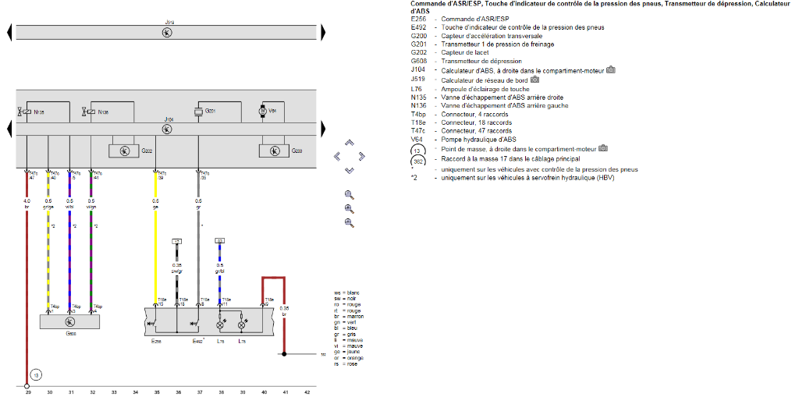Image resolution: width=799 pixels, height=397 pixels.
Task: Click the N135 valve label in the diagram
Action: (x=39, y=112)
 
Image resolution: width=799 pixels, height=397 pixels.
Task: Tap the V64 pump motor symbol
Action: (x=263, y=112)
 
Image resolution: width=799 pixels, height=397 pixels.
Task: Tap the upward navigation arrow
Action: (x=349, y=143)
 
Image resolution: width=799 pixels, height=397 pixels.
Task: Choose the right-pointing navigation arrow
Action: (x=362, y=156)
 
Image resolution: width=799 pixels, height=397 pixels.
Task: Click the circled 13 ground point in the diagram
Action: (x=34, y=374)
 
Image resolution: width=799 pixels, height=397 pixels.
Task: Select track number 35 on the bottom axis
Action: (x=157, y=392)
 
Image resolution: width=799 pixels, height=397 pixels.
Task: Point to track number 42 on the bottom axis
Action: (x=307, y=392)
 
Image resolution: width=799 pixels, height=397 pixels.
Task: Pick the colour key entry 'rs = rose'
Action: (x=346, y=363)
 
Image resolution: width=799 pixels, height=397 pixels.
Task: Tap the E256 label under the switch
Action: (x=155, y=342)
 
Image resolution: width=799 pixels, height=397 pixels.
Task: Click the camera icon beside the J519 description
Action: (x=535, y=80)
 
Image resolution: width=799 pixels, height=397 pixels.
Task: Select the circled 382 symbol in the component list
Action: (x=419, y=161)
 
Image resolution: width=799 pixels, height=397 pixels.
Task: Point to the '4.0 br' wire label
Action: (x=27, y=204)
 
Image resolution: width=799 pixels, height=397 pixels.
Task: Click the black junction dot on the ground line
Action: (x=284, y=354)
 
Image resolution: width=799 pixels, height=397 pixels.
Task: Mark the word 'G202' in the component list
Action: (x=418, y=52)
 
